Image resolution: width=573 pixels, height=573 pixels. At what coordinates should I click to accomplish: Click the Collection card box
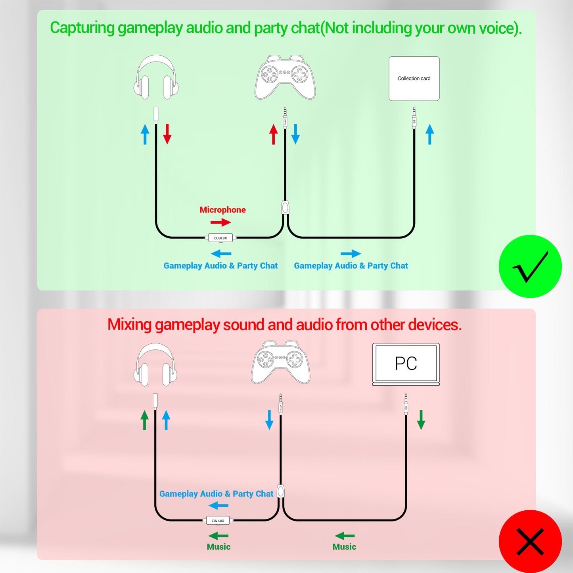(414, 79)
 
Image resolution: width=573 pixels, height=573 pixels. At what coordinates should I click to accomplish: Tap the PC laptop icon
(406, 364)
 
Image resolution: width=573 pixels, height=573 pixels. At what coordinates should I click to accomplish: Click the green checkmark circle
(530, 266)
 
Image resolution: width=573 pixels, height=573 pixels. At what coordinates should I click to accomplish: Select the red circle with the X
(530, 541)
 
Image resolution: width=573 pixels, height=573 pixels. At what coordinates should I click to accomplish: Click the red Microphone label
(222, 210)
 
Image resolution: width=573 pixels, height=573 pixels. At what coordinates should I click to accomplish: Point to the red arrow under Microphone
(220, 222)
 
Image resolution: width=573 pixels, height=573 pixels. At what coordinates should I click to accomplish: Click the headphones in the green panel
(156, 77)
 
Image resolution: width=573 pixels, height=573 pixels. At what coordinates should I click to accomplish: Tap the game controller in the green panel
(285, 77)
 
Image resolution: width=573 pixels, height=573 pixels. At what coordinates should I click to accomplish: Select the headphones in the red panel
(155, 364)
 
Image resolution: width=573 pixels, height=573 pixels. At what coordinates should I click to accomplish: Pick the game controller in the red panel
(281, 362)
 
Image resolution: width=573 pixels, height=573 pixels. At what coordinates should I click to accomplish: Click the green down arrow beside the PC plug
(421, 420)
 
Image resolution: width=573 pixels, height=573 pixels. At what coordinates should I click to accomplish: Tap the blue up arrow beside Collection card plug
(430, 134)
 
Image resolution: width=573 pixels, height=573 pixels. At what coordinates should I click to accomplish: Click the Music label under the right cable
(344, 547)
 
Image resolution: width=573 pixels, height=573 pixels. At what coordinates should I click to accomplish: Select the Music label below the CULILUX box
(218, 547)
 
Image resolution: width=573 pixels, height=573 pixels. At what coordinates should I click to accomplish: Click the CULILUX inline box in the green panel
(220, 238)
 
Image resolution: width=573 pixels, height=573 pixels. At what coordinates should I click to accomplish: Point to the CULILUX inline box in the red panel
(218, 520)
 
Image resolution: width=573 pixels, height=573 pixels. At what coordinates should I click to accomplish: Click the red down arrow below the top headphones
(167, 134)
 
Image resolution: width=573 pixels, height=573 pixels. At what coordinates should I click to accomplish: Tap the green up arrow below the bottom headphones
(145, 420)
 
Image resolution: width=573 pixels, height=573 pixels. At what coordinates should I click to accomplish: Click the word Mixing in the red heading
(130, 325)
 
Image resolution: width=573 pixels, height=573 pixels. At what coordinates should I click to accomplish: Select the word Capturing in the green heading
(82, 28)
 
